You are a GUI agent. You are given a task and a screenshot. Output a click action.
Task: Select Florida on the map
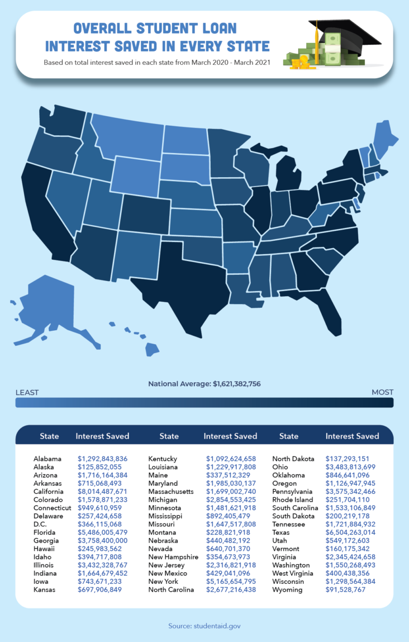[x=324, y=313]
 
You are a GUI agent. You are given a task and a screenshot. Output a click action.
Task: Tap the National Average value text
[x=204, y=384]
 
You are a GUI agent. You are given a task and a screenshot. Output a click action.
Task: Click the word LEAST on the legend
[x=27, y=392]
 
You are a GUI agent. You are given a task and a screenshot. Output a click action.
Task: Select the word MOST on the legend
[x=382, y=392]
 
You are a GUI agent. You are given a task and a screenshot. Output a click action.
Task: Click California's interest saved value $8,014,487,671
[x=102, y=491]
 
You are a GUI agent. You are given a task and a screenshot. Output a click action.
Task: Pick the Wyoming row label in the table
[x=287, y=589]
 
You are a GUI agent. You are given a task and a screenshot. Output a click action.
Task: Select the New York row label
[x=163, y=582]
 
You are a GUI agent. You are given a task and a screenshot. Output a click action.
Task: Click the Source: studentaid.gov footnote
[x=204, y=626]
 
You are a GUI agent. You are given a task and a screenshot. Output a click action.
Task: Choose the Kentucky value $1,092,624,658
[x=231, y=459]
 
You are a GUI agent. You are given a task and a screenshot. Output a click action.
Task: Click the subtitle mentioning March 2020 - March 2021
[x=157, y=62]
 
